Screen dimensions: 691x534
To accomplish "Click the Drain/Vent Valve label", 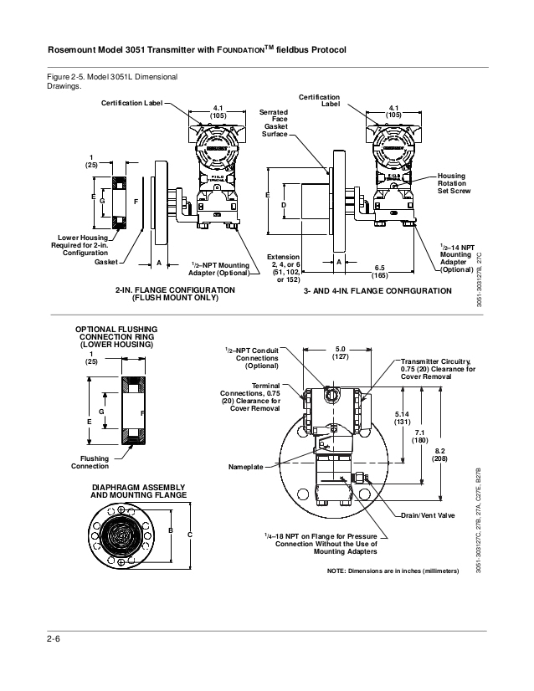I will click(428, 515).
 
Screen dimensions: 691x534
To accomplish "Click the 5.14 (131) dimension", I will click(403, 418).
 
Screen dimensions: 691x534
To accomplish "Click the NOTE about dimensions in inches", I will click(393, 571).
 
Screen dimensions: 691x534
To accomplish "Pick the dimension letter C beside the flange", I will click(190, 535).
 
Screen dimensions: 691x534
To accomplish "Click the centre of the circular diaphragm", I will click(122, 535).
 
